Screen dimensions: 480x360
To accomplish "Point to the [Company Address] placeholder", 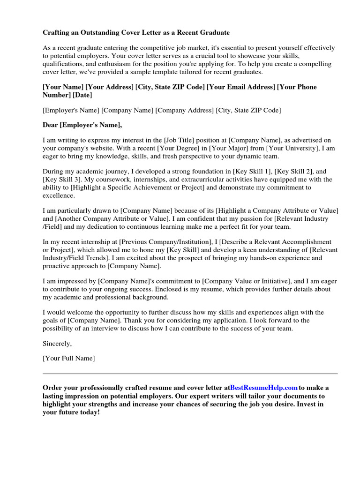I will (185, 110).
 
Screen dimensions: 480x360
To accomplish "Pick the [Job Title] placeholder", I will (185, 140).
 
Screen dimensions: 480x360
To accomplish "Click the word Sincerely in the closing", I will (57, 343).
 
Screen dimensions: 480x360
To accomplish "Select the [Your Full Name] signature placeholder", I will (68, 359).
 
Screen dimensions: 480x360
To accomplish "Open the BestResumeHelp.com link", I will (264, 388).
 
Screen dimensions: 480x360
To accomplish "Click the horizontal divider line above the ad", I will (190, 374).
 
